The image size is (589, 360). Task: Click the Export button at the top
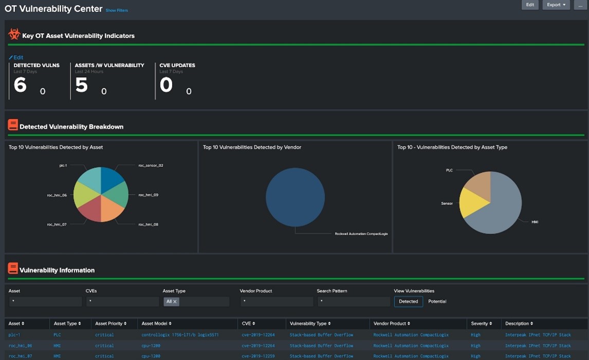[x=556, y=5]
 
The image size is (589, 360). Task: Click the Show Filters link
[x=117, y=10]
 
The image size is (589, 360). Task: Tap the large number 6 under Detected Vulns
[x=20, y=85]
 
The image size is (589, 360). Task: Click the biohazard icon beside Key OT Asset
[x=14, y=35]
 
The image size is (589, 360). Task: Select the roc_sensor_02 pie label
[x=151, y=165]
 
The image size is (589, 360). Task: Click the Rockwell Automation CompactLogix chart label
[x=361, y=234]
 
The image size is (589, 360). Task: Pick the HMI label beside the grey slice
[x=535, y=222]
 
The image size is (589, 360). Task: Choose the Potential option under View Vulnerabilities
[x=437, y=301]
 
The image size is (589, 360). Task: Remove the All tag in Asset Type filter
[x=175, y=302]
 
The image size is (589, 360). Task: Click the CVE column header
[x=248, y=324]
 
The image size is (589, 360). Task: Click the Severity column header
[x=481, y=324]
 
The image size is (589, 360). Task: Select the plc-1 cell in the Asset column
[x=14, y=335]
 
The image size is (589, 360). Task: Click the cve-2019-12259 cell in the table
[x=258, y=356]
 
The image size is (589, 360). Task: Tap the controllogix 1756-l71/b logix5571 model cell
[x=180, y=335]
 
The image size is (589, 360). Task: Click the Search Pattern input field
[x=353, y=302]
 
